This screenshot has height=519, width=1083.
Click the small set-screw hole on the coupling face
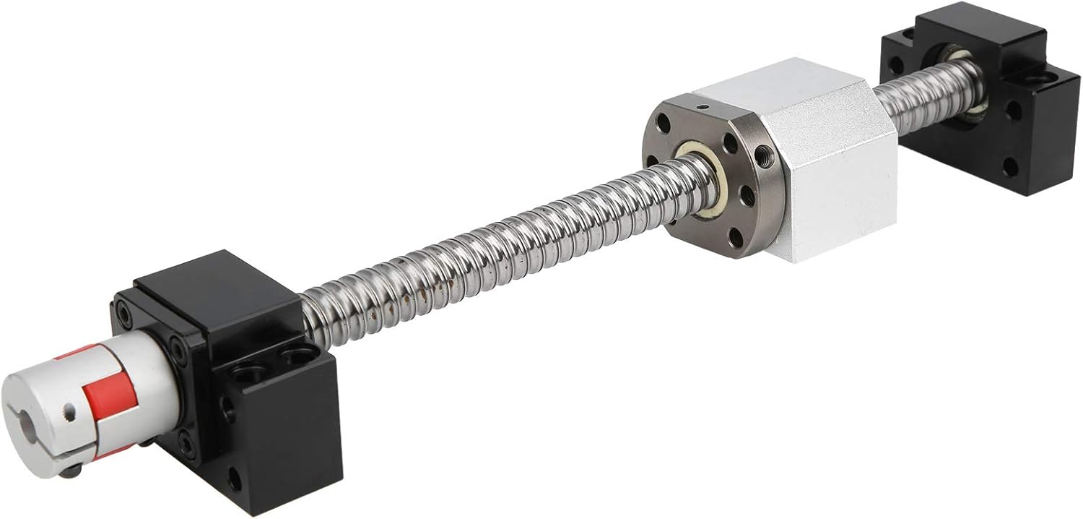click(68, 413)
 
